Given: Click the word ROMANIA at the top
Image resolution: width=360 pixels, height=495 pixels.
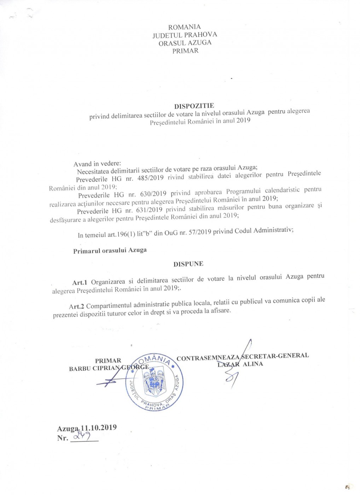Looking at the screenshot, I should pyautogui.click(x=184, y=27).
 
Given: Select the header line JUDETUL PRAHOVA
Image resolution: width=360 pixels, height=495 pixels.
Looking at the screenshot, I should pyautogui.click(x=185, y=35).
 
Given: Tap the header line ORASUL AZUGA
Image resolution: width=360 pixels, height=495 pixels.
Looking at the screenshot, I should pyautogui.click(x=185, y=43).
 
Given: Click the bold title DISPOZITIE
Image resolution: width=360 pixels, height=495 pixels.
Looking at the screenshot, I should pyautogui.click(x=194, y=105).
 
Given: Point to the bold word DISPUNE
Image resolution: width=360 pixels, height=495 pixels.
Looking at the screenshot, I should pyautogui.click(x=188, y=264).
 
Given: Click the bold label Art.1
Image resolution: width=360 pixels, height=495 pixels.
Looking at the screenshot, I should pyautogui.click(x=80, y=282).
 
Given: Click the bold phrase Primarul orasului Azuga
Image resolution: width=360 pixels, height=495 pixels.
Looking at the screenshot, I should pyautogui.click(x=110, y=250).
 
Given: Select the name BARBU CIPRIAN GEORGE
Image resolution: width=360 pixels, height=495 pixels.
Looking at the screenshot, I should pyautogui.click(x=109, y=368).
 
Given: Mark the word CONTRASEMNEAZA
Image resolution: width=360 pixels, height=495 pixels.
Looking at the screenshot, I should pyautogui.click(x=208, y=358).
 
